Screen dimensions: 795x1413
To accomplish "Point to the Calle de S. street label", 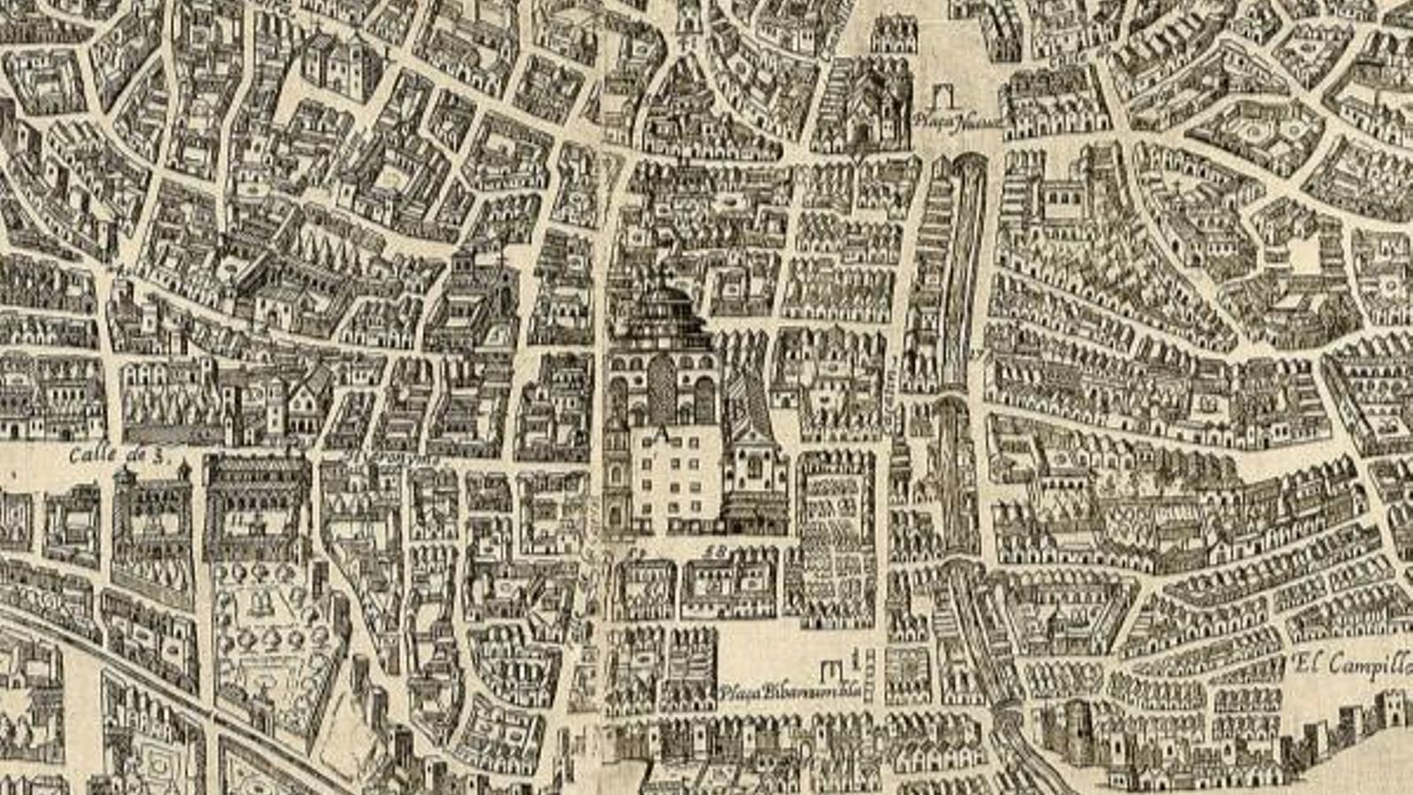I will pos(118,456).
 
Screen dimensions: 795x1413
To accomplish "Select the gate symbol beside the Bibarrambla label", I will pos(832,673).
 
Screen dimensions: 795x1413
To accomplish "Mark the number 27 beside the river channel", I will pos(976,356).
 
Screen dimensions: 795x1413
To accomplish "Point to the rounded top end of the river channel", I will pos(969,162).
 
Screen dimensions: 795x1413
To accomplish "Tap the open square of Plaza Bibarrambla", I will pos(768,654).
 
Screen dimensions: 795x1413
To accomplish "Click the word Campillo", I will pos(1369,664).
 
